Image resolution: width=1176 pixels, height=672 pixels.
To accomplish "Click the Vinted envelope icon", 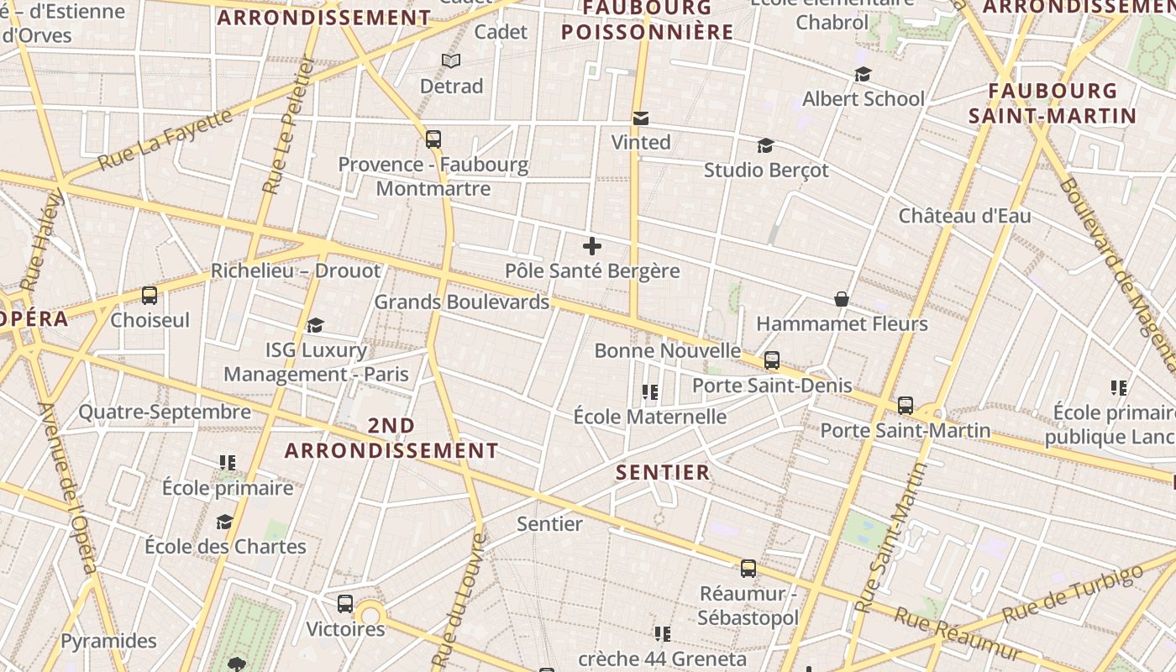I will point(641,118).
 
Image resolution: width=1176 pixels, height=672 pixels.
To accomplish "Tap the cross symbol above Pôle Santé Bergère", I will point(592,246).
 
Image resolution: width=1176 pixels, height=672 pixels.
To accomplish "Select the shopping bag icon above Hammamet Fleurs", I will point(841,299).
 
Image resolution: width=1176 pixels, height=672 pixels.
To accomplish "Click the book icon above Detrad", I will point(451,61).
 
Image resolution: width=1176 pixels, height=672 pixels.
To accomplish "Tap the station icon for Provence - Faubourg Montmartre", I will point(433,139).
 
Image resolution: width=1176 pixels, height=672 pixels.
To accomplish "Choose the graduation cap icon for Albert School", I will point(863,75).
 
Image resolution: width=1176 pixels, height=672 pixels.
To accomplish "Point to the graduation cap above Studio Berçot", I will point(765,146).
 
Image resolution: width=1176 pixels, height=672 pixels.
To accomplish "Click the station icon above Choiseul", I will point(150,296).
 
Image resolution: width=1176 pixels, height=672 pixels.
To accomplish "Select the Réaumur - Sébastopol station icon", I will point(748,569).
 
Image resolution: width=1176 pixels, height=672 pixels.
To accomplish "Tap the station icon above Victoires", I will point(345,604).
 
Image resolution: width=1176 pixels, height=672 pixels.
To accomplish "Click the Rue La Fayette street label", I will point(165,139).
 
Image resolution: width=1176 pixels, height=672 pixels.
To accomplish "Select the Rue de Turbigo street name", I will point(1072,595).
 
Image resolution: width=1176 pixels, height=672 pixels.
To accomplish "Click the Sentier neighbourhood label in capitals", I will point(663,472).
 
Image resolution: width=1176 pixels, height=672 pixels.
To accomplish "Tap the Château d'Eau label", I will point(964,216).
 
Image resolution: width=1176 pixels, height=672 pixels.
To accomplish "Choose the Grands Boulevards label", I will point(461,302).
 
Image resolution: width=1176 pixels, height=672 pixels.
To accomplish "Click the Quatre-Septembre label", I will point(165,412).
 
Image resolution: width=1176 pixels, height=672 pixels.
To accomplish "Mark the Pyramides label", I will point(108,641).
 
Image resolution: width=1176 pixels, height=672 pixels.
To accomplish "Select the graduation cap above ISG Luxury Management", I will point(316,325).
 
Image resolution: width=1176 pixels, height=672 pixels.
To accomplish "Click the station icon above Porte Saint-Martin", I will point(906,406).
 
